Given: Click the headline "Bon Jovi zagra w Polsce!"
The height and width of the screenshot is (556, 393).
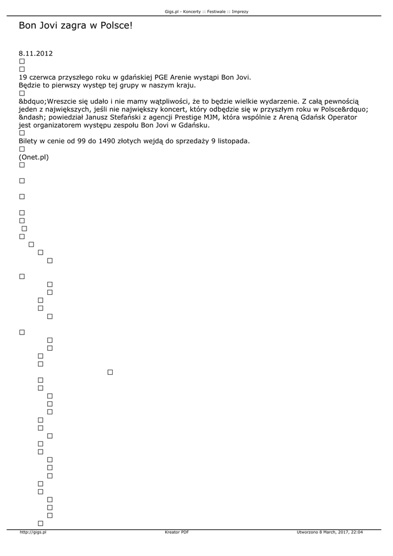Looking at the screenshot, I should click(x=75, y=26).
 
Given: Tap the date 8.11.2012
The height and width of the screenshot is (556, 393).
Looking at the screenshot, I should click(x=36, y=54).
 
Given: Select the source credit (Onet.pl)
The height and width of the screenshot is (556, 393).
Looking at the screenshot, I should click(x=34, y=157).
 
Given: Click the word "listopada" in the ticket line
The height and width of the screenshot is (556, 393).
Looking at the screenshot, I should click(x=231, y=141).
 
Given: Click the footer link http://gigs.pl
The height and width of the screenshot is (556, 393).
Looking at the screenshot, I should click(x=33, y=532).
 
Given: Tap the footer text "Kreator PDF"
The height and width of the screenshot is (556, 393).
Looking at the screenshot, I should click(x=177, y=532).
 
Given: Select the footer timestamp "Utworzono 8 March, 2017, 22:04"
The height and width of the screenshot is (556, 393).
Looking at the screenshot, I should click(x=330, y=532).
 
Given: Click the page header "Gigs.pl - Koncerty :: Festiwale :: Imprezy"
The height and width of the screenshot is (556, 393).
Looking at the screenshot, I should click(x=207, y=11).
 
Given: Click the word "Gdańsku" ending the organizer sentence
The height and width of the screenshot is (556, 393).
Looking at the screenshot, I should click(x=194, y=125).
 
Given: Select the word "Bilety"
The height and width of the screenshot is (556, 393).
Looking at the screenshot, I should click(x=29, y=141).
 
